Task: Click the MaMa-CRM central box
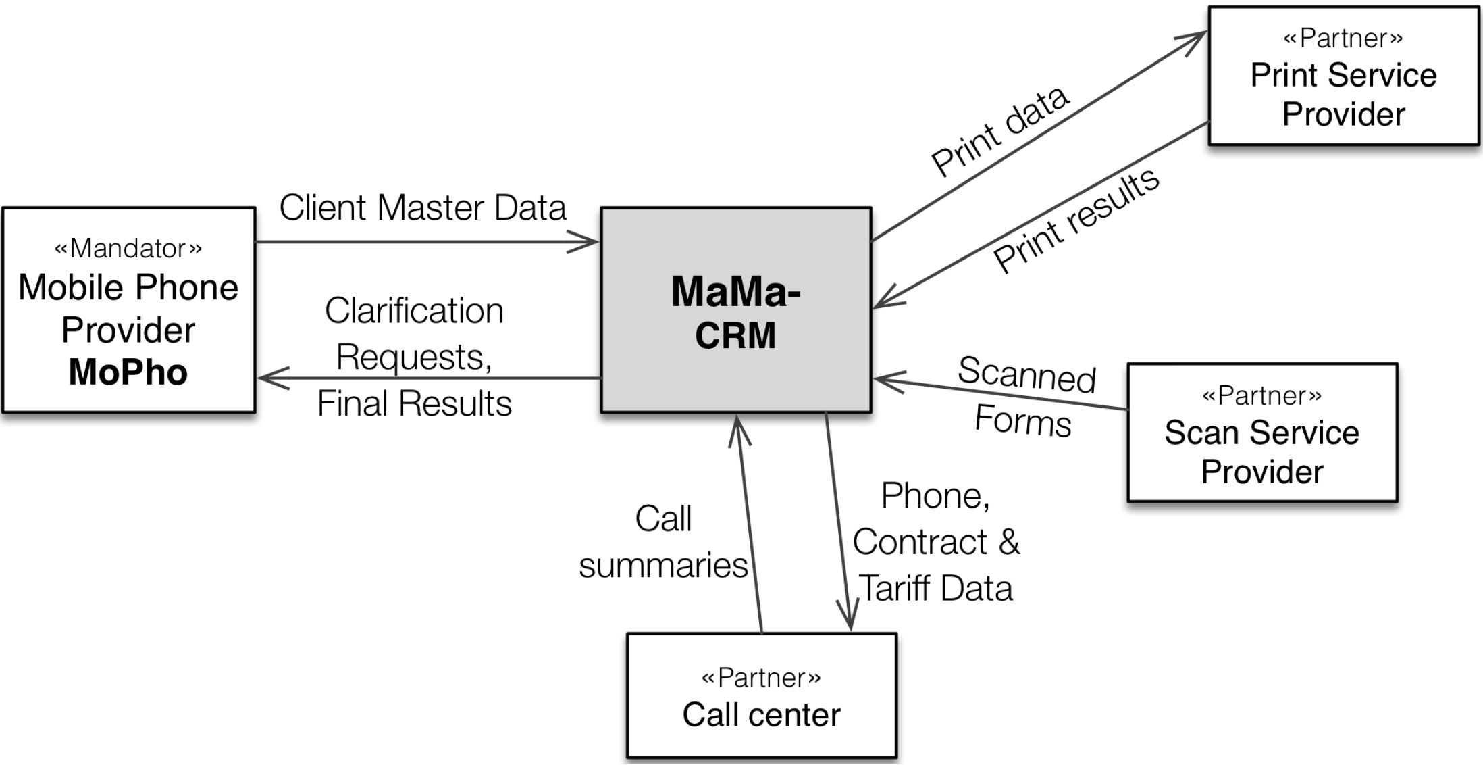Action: tap(735, 310)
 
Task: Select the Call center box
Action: tap(761, 695)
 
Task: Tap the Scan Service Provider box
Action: tap(1261, 433)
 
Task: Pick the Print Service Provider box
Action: tap(1343, 76)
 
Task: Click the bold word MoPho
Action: tap(128, 372)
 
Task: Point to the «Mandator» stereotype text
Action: tap(128, 249)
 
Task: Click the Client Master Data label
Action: tap(423, 207)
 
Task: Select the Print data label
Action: tap(999, 131)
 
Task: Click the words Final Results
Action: tap(414, 403)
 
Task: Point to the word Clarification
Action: tap(414, 311)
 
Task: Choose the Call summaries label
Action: tap(663, 542)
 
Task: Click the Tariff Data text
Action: tap(936, 588)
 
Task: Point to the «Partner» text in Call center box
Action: tap(761, 677)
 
